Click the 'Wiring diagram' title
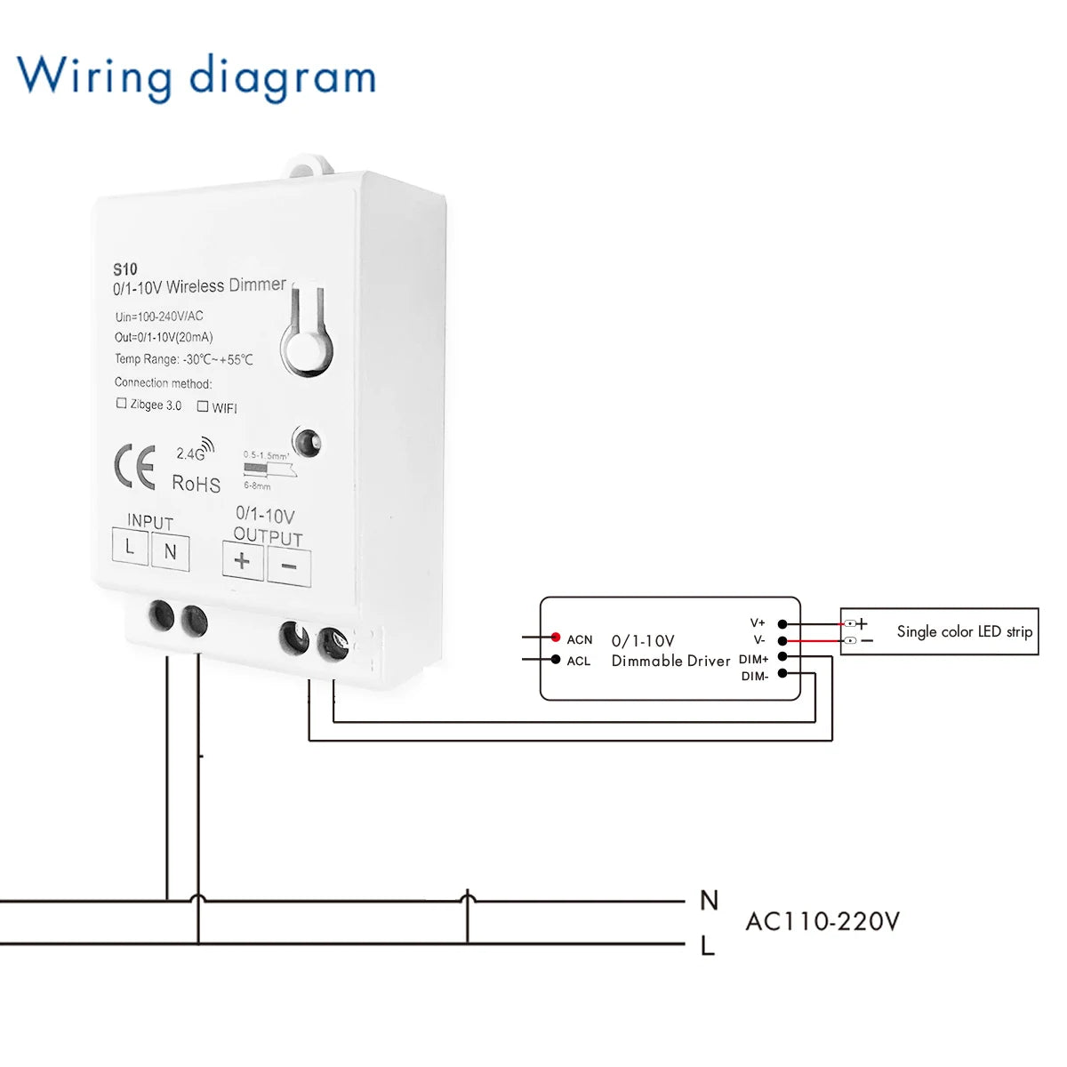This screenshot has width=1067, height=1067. (197, 76)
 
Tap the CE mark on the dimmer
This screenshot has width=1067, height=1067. (135, 467)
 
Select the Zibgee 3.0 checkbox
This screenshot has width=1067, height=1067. (122, 404)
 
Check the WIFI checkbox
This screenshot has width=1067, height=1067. (203, 406)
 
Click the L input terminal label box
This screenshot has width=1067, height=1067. (130, 546)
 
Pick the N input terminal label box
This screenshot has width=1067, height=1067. (170, 552)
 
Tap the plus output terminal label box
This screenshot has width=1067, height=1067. (242, 561)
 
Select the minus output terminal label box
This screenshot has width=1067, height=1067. (289, 566)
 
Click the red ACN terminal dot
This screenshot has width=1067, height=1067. (556, 638)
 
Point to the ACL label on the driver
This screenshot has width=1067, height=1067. (579, 661)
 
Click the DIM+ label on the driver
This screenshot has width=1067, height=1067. (753, 659)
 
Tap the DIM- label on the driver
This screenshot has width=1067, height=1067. (754, 677)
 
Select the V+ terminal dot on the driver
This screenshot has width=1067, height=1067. (782, 624)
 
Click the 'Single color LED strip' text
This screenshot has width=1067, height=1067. (964, 631)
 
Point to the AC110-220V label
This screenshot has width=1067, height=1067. (822, 921)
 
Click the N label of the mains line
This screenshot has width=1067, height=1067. (709, 900)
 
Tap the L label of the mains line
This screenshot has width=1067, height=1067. (708, 946)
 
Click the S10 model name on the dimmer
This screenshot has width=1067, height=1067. (125, 269)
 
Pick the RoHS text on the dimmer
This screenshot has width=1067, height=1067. (196, 484)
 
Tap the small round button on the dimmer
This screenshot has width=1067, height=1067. (308, 441)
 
